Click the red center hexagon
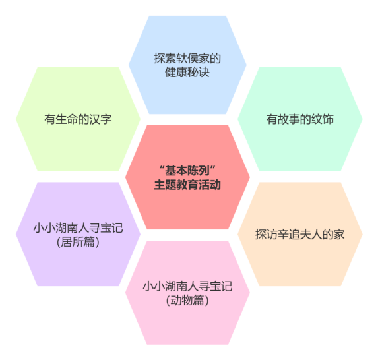coord(187,177)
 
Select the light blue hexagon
coord(187,65)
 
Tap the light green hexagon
coord(78,119)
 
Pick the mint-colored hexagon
coord(300,119)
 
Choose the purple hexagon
coord(78,234)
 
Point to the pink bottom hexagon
coord(187,293)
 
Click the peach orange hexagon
coord(300,234)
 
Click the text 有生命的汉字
coord(78,119)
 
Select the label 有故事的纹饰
coord(300,119)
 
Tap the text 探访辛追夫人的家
coord(300,235)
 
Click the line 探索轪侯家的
coord(187,58)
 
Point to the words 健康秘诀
coord(187,72)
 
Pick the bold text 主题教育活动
coord(187,185)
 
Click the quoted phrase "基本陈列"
coord(187,171)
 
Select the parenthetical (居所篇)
coord(78,242)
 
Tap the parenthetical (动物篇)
coord(187,300)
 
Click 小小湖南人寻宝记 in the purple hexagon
coord(78,228)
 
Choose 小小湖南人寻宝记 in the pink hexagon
coord(187,286)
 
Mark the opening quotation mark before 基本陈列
coord(162,167)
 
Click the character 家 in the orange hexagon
coord(339,235)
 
